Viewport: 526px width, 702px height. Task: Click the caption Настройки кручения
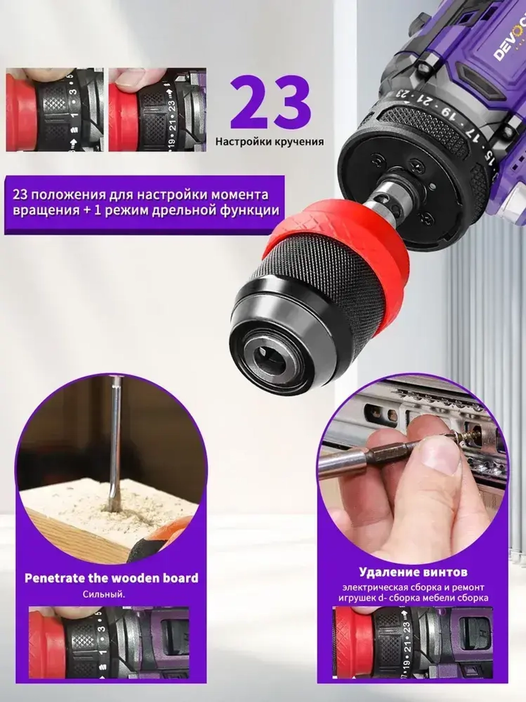pyautogui.click(x=269, y=141)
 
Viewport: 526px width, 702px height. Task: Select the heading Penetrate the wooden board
pyautogui.click(x=112, y=578)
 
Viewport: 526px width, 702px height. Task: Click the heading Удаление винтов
pyautogui.click(x=413, y=572)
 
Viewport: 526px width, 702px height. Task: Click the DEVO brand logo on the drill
pyautogui.click(x=507, y=44)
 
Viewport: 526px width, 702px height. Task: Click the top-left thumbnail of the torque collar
pyautogui.click(x=55, y=110)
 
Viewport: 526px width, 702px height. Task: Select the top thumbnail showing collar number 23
pyautogui.click(x=157, y=110)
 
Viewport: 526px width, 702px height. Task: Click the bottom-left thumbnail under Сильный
pyautogui.click(x=108, y=644)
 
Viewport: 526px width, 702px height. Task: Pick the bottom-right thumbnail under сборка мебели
pyautogui.click(x=413, y=644)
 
